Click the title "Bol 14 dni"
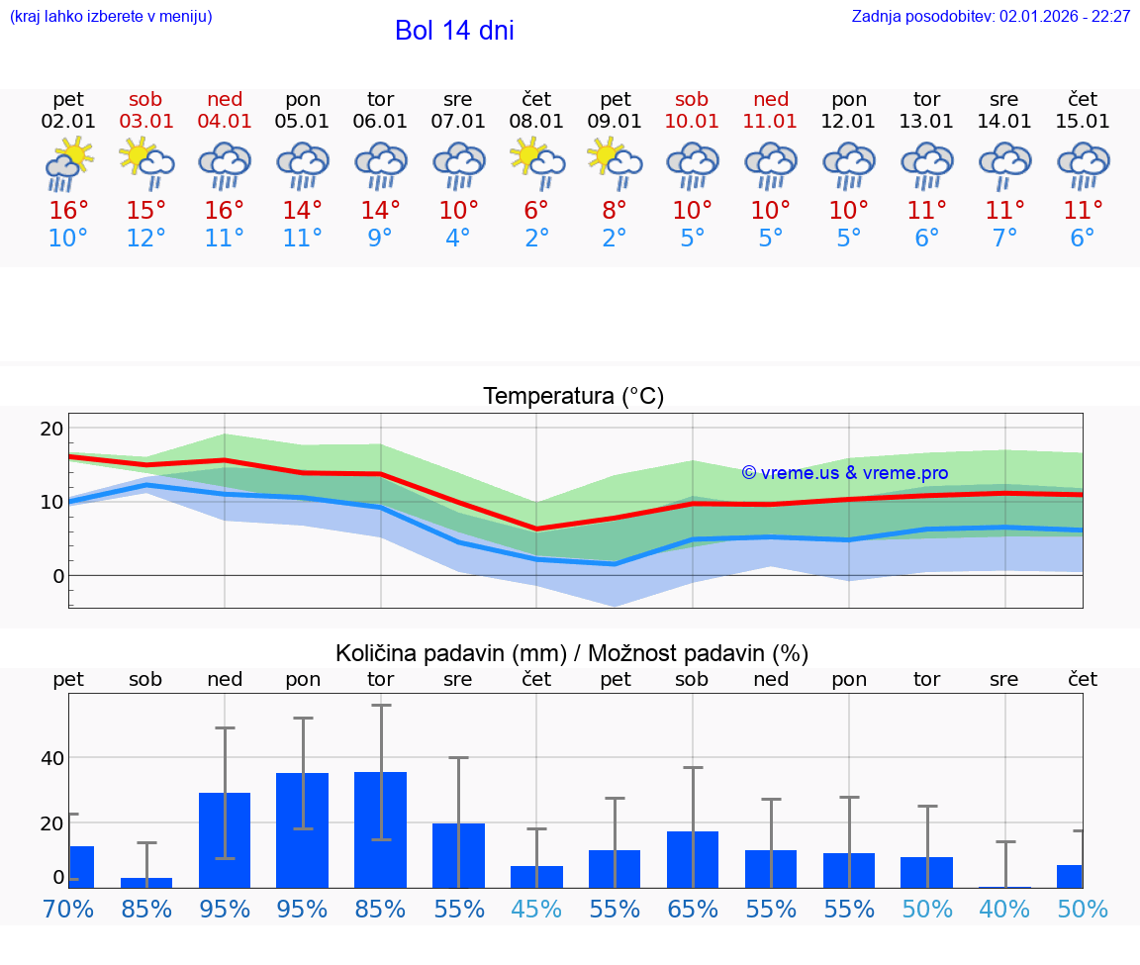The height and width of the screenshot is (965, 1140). [454, 31]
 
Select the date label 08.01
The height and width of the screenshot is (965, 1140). [536, 122]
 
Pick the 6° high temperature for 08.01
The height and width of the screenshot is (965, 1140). [536, 211]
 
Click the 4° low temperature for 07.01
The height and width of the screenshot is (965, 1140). [458, 239]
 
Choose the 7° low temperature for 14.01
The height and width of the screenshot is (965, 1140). [1004, 239]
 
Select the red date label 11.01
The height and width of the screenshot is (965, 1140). [771, 122]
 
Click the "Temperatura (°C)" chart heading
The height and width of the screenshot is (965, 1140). [573, 397]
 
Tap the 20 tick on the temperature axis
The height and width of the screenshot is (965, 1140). [51, 429]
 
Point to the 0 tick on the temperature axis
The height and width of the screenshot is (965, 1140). [58, 576]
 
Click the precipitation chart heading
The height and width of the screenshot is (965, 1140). [572, 653]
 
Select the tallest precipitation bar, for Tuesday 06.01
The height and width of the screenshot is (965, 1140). [380, 829]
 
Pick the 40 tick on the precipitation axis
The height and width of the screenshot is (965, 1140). [51, 758]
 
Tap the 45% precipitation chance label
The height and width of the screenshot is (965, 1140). [536, 909]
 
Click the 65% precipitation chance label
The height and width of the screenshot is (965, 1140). [693, 909]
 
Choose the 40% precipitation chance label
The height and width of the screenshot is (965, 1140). [1004, 909]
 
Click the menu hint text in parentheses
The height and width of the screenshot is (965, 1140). [111, 17]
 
